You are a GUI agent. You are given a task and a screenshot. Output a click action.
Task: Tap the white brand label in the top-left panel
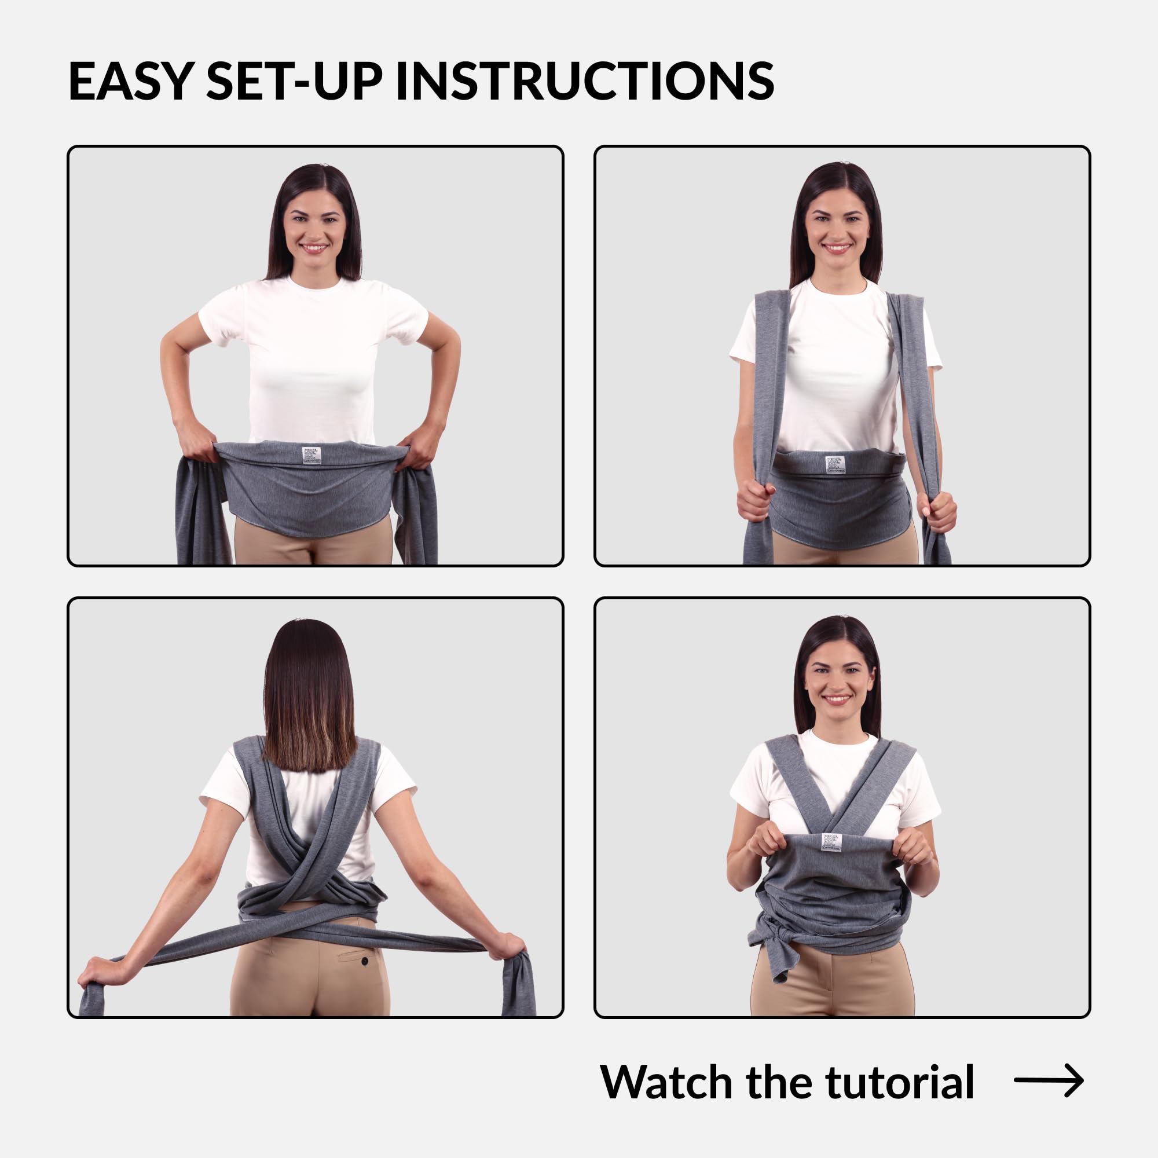pos(312,455)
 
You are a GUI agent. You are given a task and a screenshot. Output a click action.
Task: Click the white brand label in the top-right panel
pos(834,464)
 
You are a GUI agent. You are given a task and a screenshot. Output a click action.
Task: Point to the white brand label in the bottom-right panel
pos(831,841)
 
